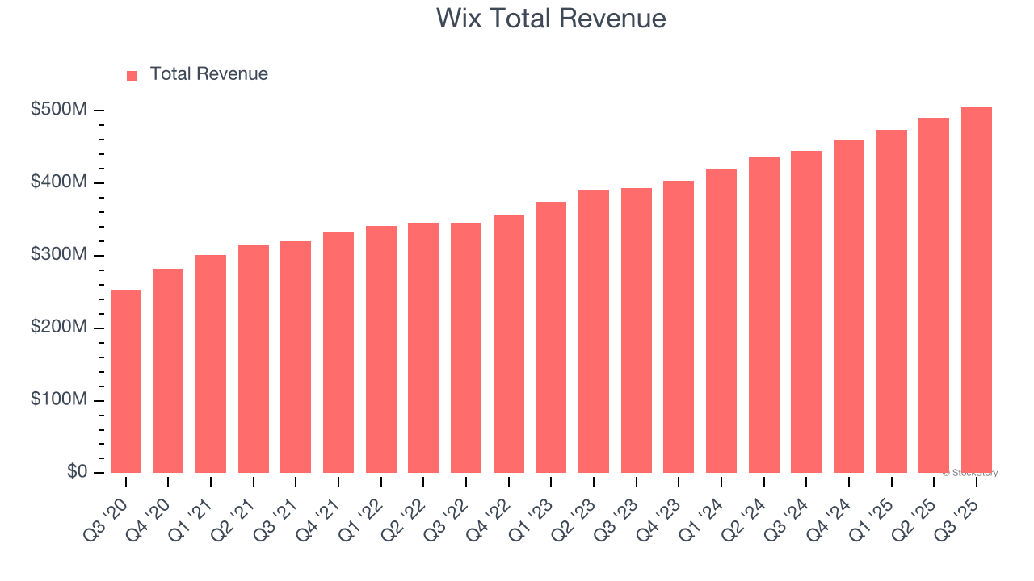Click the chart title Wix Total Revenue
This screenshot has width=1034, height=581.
(x=551, y=19)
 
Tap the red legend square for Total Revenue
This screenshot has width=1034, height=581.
(x=132, y=75)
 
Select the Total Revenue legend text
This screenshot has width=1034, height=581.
(x=208, y=74)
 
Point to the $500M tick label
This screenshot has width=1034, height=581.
(x=58, y=110)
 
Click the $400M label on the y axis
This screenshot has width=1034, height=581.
(x=58, y=182)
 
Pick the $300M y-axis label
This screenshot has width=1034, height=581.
(x=58, y=255)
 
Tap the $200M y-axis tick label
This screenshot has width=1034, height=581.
(x=58, y=328)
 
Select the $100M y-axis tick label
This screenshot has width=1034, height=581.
(x=58, y=400)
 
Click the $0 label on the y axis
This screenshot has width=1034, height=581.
(x=78, y=471)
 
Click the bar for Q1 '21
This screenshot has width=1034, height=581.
(x=211, y=364)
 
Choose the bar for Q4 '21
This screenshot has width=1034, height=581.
(x=338, y=352)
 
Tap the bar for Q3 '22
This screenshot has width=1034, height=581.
(x=466, y=348)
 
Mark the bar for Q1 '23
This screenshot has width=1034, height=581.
(x=551, y=337)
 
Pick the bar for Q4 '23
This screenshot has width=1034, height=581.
(x=679, y=327)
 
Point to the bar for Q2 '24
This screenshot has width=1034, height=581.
(x=763, y=315)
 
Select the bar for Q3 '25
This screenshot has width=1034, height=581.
(x=976, y=290)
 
